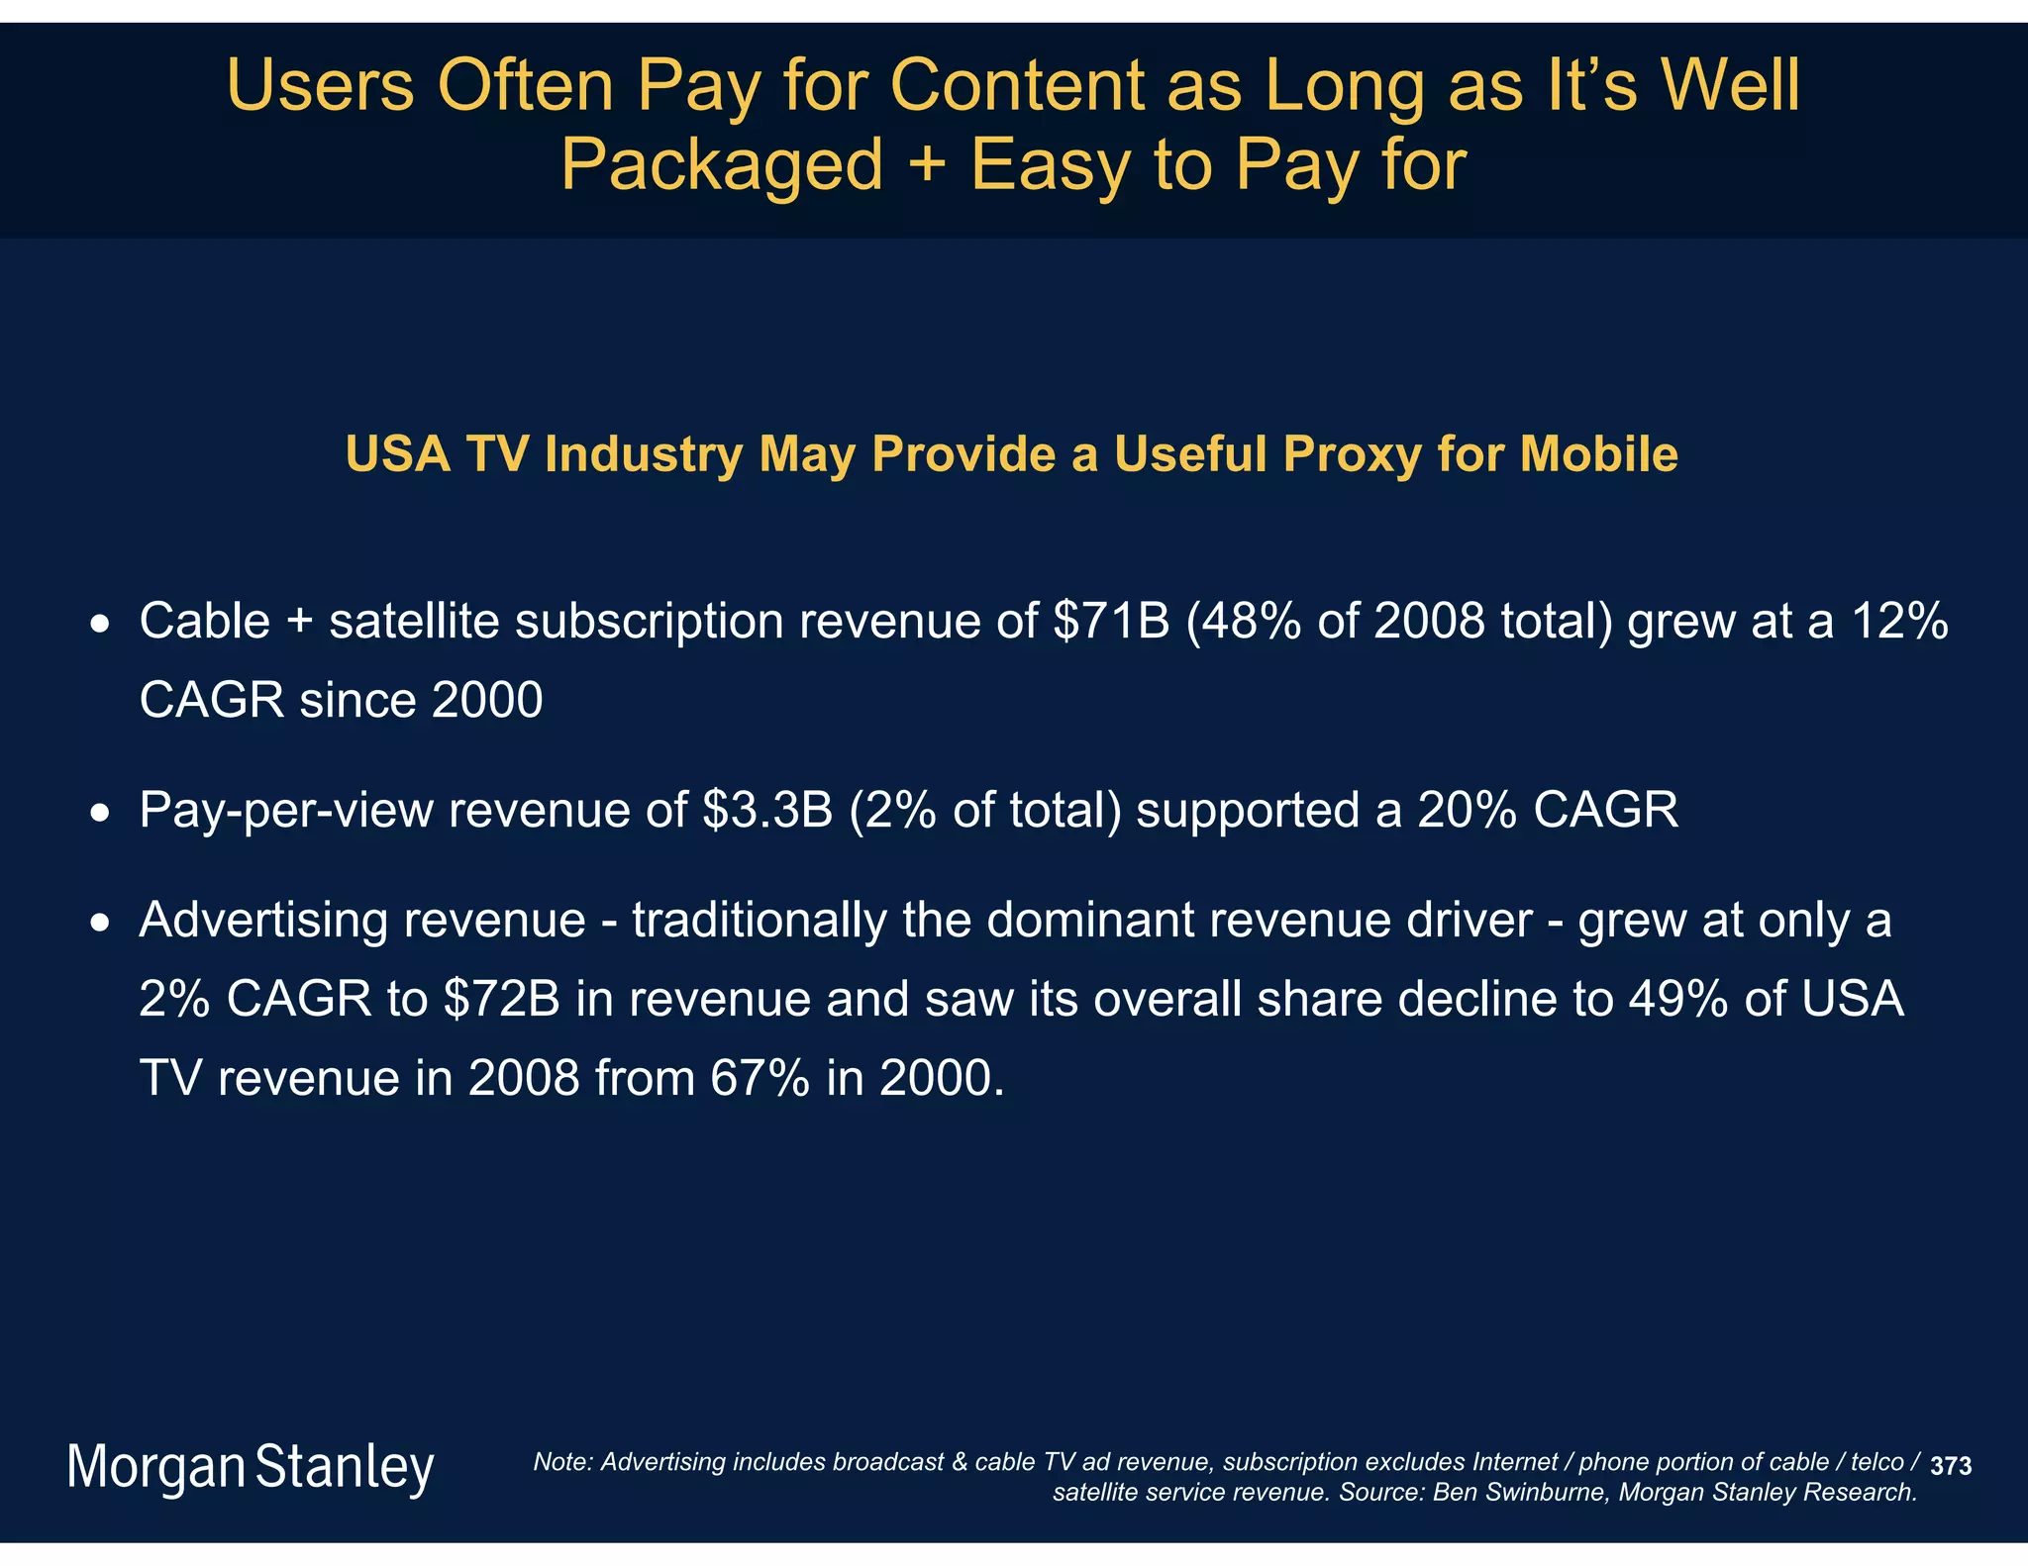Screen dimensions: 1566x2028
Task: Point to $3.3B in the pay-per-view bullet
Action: point(767,810)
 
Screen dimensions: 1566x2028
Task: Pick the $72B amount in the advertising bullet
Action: point(502,998)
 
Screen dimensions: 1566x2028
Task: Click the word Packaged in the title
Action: point(721,164)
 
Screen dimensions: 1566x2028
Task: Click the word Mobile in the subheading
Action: point(1598,454)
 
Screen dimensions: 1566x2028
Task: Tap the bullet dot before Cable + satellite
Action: point(99,626)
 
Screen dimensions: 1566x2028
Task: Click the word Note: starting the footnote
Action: point(562,1462)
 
